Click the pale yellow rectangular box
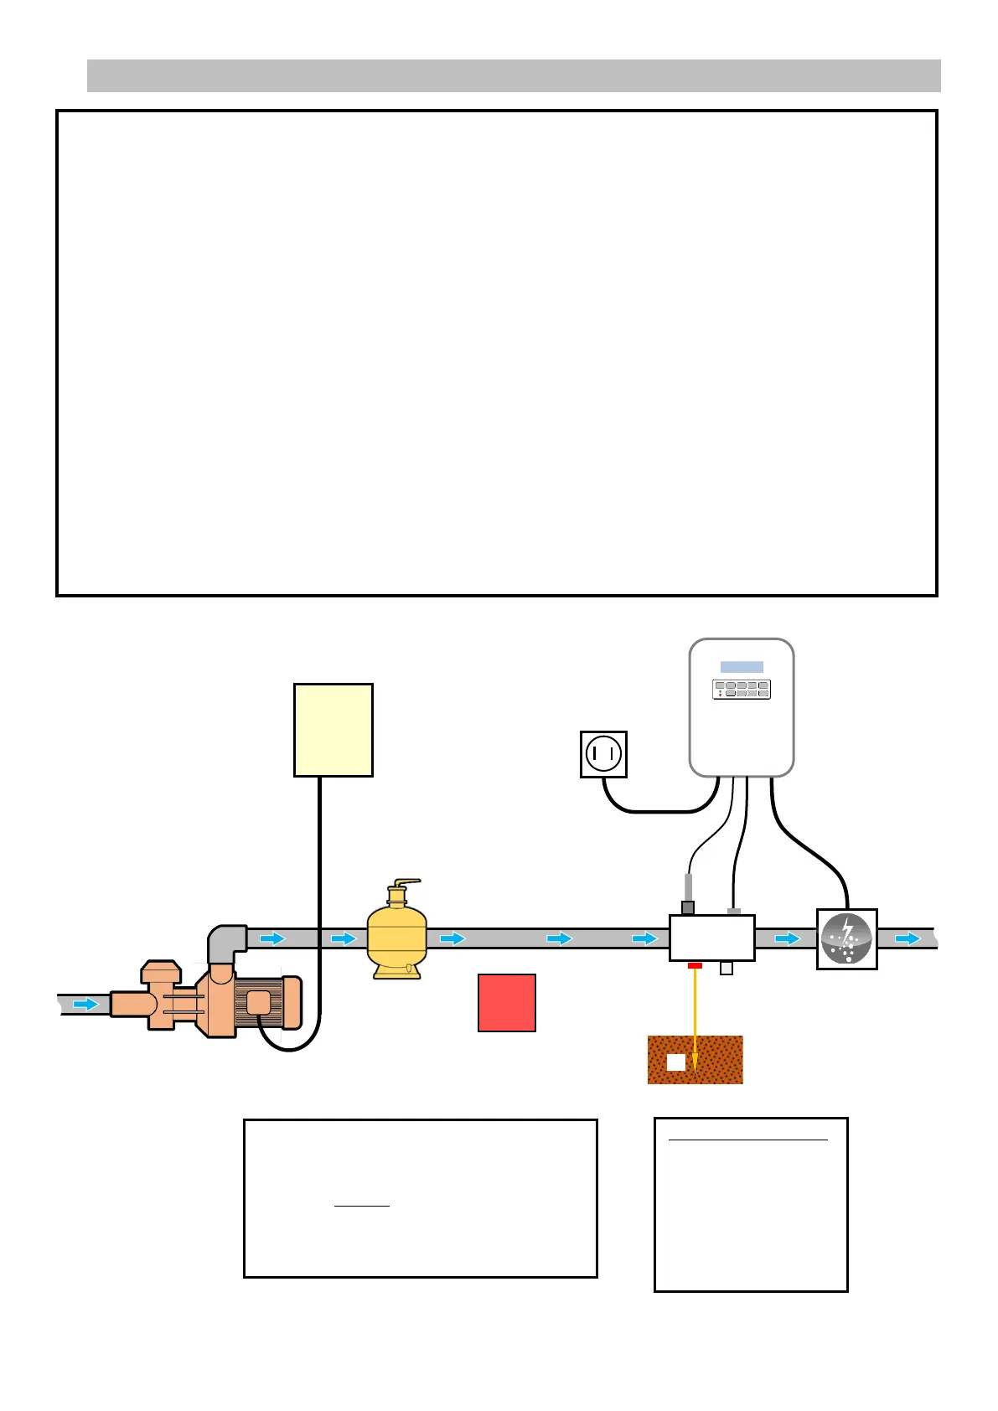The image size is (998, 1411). click(x=333, y=730)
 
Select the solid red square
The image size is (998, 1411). click(x=506, y=1002)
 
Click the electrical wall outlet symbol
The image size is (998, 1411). click(x=603, y=754)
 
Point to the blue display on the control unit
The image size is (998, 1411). click(x=742, y=667)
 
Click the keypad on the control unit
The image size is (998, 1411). click(x=742, y=690)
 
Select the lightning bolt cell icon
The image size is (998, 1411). click(x=847, y=939)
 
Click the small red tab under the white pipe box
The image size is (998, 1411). click(x=695, y=966)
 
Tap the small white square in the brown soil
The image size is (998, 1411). click(x=675, y=1062)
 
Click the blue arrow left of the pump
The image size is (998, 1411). click(x=85, y=1004)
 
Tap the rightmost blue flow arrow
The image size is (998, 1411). click(x=908, y=938)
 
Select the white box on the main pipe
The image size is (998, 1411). click(x=711, y=938)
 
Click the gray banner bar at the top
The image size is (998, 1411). click(x=514, y=75)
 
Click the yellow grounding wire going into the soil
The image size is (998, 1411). click(x=695, y=1018)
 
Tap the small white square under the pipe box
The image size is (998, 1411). click(x=727, y=969)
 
